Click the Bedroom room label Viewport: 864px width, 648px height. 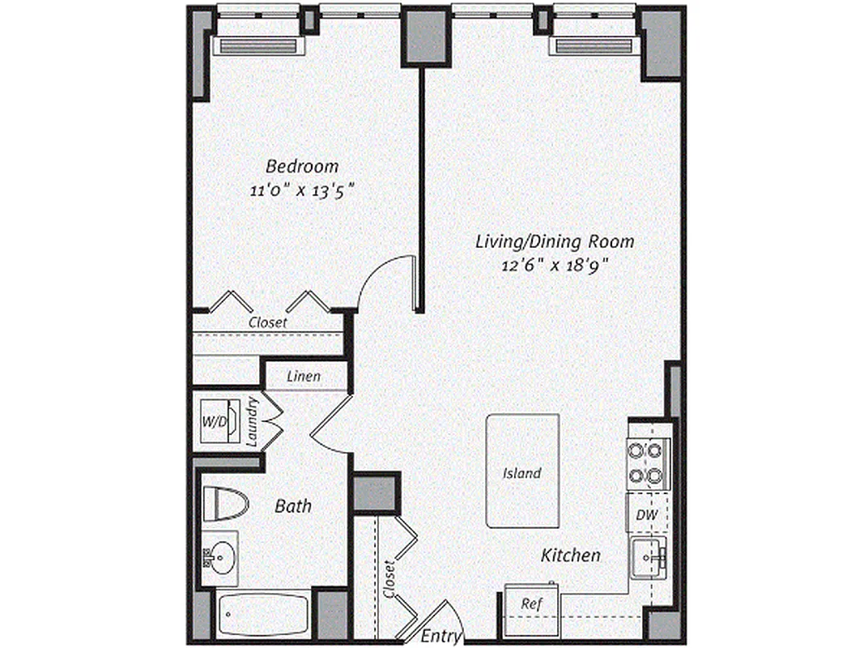302,167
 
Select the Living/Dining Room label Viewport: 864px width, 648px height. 554,241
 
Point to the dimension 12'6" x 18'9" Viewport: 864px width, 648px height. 554,265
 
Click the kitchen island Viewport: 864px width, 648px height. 522,471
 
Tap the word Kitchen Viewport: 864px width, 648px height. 571,556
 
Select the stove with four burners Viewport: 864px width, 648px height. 647,463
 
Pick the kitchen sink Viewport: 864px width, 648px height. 649,556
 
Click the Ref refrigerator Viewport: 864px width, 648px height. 531,603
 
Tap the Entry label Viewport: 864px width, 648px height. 442,636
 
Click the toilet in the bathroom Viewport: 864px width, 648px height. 223,504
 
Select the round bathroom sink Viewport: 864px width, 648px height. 217,557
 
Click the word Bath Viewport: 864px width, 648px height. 293,506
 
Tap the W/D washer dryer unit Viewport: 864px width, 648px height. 215,421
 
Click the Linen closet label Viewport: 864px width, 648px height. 304,377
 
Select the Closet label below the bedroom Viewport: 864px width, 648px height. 267,322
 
